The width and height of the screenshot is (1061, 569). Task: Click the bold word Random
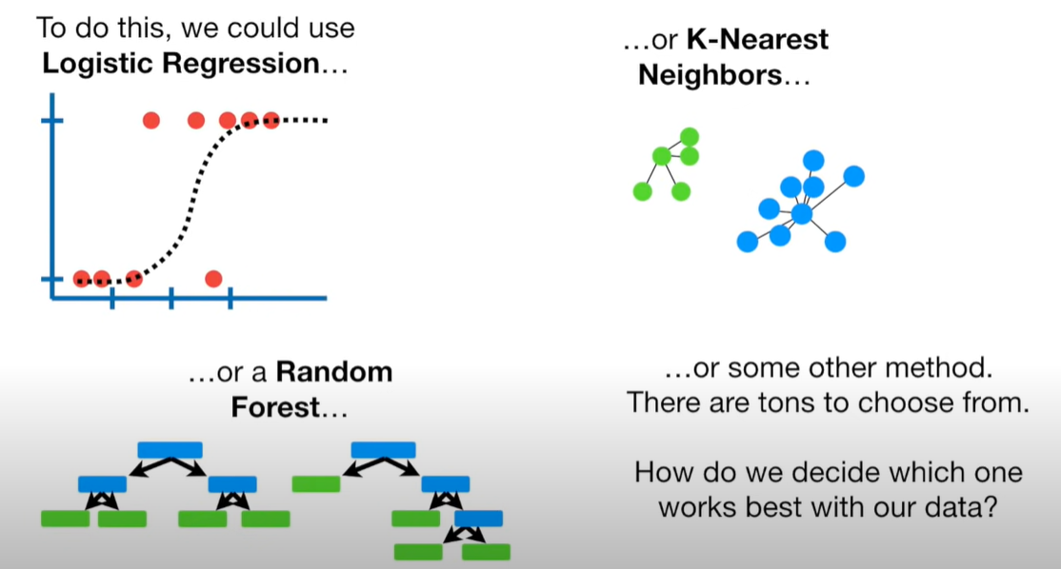(x=334, y=371)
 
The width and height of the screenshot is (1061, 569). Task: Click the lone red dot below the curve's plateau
(x=213, y=279)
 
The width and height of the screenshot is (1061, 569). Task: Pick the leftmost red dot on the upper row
(x=150, y=120)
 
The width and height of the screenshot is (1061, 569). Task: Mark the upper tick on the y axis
(x=52, y=121)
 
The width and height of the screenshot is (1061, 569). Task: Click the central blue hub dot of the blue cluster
(x=802, y=214)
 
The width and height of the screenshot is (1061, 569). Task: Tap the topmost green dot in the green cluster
(x=690, y=136)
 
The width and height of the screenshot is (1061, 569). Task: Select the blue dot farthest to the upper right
(x=854, y=176)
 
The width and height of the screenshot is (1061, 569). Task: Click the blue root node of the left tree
(x=170, y=449)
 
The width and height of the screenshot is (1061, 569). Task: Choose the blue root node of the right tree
(x=383, y=449)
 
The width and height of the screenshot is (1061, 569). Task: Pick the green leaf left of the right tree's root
(x=315, y=483)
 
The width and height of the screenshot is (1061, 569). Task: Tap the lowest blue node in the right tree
(x=478, y=519)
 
